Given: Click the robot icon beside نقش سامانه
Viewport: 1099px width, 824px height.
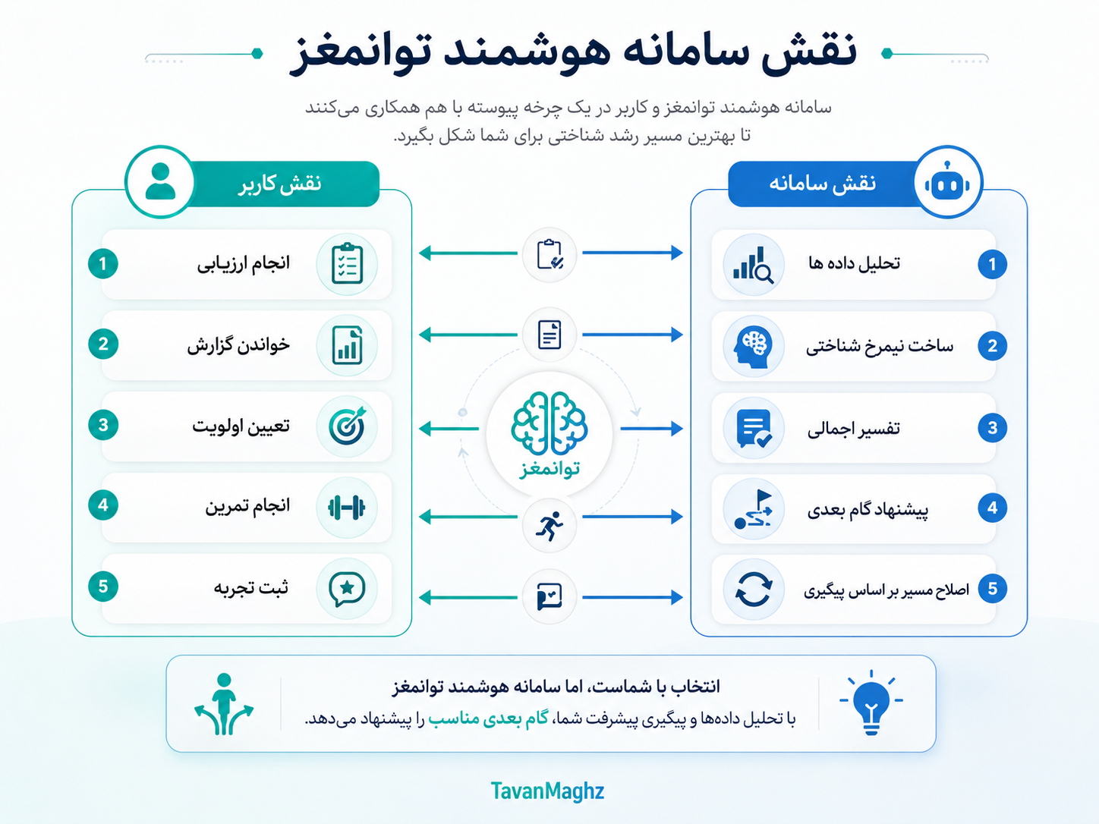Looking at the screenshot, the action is point(946,181).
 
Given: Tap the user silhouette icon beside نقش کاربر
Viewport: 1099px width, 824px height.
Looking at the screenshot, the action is point(160,181).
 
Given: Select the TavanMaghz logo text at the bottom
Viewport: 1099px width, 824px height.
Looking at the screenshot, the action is point(547,791).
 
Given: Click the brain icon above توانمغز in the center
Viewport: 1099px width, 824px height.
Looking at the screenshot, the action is point(549,423).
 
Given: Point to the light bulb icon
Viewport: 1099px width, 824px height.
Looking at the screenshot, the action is point(871,703).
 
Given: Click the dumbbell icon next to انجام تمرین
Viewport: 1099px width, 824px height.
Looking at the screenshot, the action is point(346,508).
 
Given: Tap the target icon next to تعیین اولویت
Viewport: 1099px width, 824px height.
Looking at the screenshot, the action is point(347,426).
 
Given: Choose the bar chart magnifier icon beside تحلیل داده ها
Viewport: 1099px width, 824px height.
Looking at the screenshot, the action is point(753,265).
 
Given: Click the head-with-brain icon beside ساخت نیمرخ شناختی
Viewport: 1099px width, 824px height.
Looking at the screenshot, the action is point(753,346).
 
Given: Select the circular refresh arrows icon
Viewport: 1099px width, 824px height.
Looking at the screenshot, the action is point(753,589).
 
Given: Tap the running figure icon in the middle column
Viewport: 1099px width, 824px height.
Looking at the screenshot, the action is point(549,526).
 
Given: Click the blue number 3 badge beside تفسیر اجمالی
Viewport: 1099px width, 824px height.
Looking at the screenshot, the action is point(992,428).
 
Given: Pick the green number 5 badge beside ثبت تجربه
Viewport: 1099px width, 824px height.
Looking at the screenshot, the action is point(103,587).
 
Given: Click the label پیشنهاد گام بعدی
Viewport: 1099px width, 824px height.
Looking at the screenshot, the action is point(868,510).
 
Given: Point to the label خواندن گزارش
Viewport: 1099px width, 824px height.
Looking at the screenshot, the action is point(238,345).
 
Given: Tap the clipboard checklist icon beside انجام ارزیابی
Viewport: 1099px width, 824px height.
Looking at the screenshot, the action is point(347,263).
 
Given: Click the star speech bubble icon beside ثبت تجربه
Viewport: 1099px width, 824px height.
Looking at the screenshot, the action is point(347,589).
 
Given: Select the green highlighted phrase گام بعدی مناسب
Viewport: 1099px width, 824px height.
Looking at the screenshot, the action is point(488,719).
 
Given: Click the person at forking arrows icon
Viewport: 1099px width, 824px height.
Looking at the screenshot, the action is point(224,704).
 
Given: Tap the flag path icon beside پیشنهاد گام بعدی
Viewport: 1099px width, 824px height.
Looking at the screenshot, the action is point(754,509).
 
